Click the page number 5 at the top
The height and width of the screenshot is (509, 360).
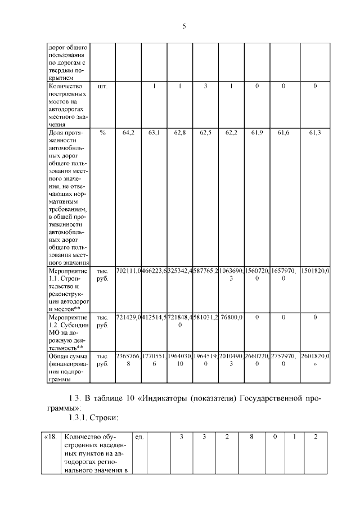183,26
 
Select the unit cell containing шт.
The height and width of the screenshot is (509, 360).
102,87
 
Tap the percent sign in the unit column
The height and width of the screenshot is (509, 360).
102,132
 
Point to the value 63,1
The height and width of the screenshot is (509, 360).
154,132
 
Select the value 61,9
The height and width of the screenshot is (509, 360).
257,132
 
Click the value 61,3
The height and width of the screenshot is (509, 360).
315,132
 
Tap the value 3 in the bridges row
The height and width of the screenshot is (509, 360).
206,87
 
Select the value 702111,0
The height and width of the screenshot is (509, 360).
128,271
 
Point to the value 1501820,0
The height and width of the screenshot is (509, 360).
315,271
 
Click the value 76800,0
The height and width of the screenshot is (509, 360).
231,317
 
